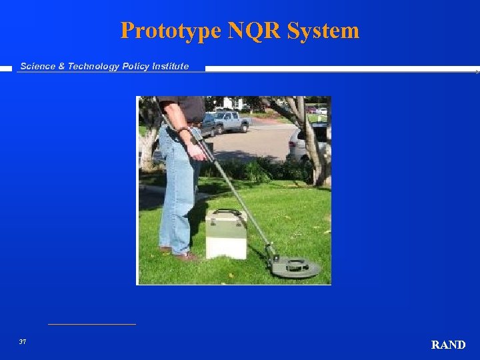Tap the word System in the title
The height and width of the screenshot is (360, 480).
tap(328, 31)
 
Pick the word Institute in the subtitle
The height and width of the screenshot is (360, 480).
tap(172, 66)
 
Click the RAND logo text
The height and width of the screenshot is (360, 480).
tap(448, 345)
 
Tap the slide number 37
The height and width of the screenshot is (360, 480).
tap(23, 341)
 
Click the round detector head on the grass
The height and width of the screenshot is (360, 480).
tap(295, 267)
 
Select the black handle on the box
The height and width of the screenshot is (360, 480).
tap(228, 213)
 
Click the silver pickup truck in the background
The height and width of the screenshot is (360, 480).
tap(228, 122)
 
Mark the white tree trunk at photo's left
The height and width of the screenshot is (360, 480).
tap(148, 143)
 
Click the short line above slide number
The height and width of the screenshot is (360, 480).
tap(91, 324)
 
